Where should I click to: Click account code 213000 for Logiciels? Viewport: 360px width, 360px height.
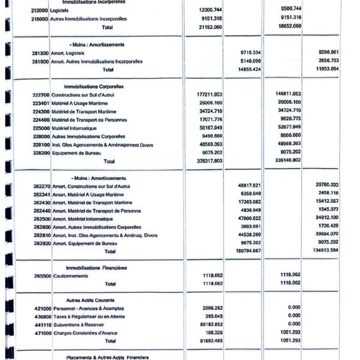pyautogui.click(x=38, y=10)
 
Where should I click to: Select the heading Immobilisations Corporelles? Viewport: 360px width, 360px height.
pyautogui.click(x=88, y=86)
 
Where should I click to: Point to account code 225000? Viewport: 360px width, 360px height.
pyautogui.click(x=41, y=128)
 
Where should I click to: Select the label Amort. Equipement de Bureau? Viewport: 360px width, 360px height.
pyautogui.click(x=89, y=244)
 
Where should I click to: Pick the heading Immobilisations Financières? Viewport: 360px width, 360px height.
pyautogui.click(x=88, y=268)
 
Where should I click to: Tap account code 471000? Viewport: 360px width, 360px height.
pyautogui.click(x=41, y=332)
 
